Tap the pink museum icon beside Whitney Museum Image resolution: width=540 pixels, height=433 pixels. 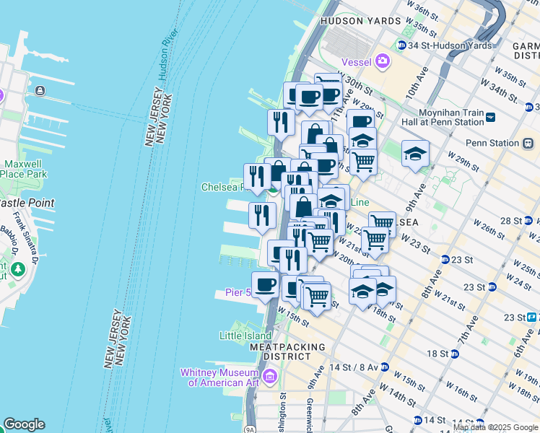click(x=269, y=375)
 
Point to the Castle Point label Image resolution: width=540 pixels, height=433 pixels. click(x=26, y=204)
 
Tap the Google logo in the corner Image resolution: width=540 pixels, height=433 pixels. click(x=24, y=424)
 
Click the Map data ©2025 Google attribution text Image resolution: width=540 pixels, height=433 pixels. click(x=495, y=427)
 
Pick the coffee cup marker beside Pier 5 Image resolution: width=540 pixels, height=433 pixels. click(x=266, y=284)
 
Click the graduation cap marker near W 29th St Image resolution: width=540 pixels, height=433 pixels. click(x=415, y=153)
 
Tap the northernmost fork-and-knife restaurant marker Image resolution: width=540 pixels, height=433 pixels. click(x=281, y=121)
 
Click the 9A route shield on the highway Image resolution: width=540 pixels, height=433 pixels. click(x=250, y=429)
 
